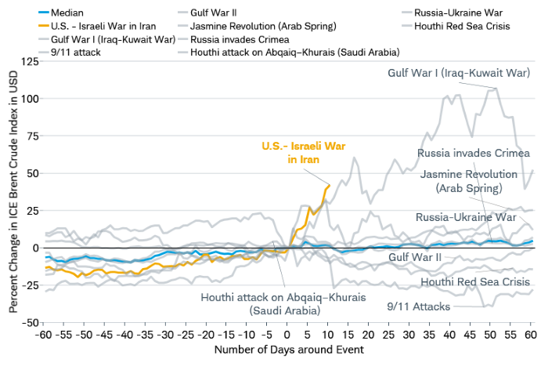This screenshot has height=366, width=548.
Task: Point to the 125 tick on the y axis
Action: tap(30, 61)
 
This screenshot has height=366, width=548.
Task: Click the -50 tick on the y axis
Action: tap(30, 322)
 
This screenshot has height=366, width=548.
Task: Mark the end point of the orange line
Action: tap(330, 185)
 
